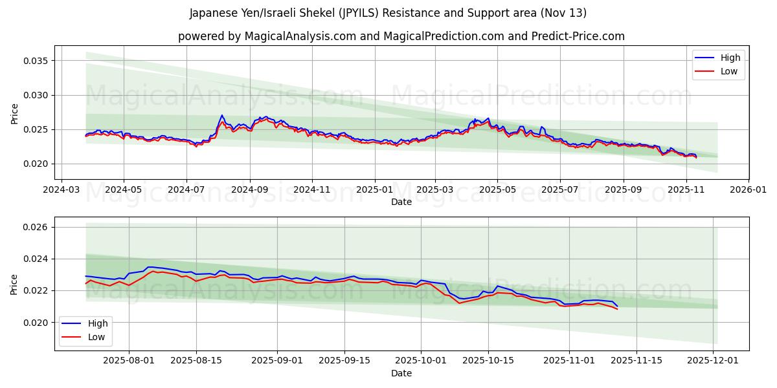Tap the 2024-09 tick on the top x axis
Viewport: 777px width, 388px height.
click(x=249, y=191)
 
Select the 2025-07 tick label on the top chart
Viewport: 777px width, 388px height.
click(x=559, y=191)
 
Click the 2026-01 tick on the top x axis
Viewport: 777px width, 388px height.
click(x=748, y=191)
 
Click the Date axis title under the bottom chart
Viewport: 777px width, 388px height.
click(x=401, y=373)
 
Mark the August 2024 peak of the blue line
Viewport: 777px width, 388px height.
click(x=221, y=115)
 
